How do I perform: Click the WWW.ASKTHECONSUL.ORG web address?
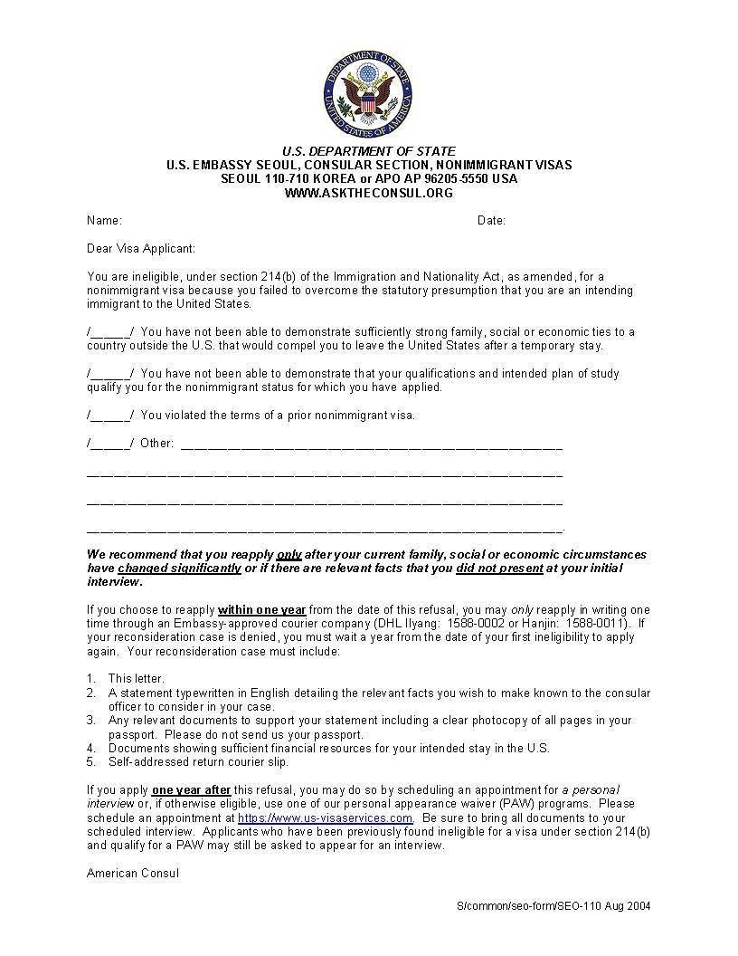pyautogui.click(x=368, y=193)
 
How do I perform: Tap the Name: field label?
pyautogui.click(x=104, y=221)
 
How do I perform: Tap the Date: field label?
pyautogui.click(x=491, y=221)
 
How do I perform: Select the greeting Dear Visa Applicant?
pyautogui.click(x=141, y=249)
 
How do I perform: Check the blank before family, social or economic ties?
pyautogui.click(x=110, y=332)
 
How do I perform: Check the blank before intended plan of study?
pyautogui.click(x=110, y=374)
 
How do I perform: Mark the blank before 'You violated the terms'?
pyautogui.click(x=110, y=416)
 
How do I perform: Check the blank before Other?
pyautogui.click(x=110, y=444)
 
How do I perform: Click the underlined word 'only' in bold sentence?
pyautogui.click(x=289, y=555)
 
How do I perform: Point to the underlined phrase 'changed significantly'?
pyautogui.click(x=179, y=569)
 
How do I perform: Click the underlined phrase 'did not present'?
pyautogui.click(x=499, y=569)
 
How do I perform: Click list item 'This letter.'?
pyautogui.click(x=136, y=679)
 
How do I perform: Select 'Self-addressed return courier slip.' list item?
pyautogui.click(x=198, y=762)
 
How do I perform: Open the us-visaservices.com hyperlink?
pyautogui.click(x=326, y=817)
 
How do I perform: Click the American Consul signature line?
pyautogui.click(x=133, y=874)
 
